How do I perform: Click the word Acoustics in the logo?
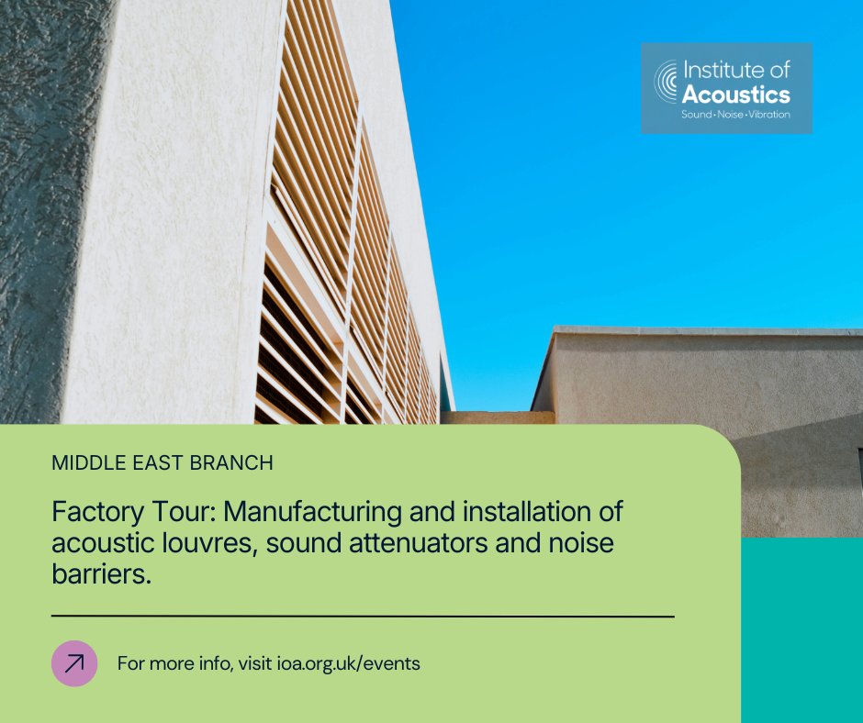coord(735,94)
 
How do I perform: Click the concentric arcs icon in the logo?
coord(666,83)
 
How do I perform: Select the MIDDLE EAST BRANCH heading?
coord(163,463)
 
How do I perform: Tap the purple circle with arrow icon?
coord(74,663)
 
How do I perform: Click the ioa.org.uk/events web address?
coord(348,663)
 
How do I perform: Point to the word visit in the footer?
coord(254,663)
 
